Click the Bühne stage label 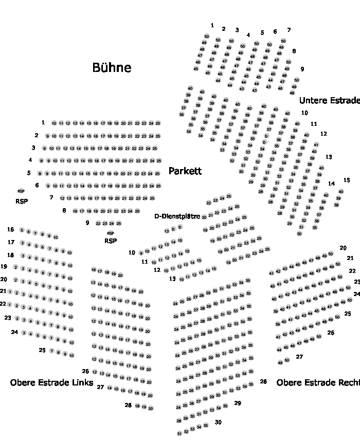[x=112, y=67]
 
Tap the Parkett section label [x=185, y=171]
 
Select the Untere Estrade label [x=330, y=100]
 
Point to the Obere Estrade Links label [x=51, y=382]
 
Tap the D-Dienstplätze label [x=177, y=216]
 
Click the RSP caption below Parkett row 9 [x=110, y=241]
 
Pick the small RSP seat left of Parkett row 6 [x=21, y=191]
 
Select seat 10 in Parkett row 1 [x=54, y=123]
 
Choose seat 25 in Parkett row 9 [x=119, y=224]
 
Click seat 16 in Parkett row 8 [x=76, y=211]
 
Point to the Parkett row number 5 [x=29, y=173]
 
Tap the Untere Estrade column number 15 [x=347, y=180]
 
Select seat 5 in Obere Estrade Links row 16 [x=22, y=230]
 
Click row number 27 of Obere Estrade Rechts [x=299, y=357]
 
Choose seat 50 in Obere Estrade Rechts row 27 [x=287, y=360]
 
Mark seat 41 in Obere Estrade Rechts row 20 [x=272, y=273]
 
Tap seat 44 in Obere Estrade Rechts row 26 [x=279, y=349]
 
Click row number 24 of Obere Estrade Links [x=14, y=332]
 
